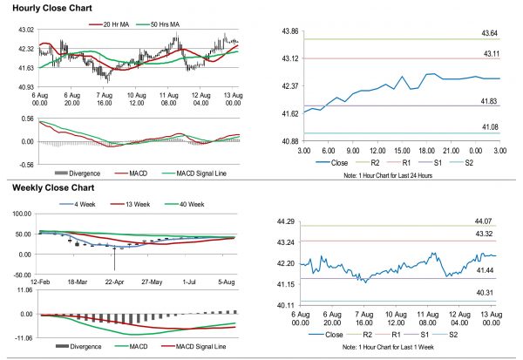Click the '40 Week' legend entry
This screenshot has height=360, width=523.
coord(187,205)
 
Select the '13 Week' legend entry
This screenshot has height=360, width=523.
coord(132,205)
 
